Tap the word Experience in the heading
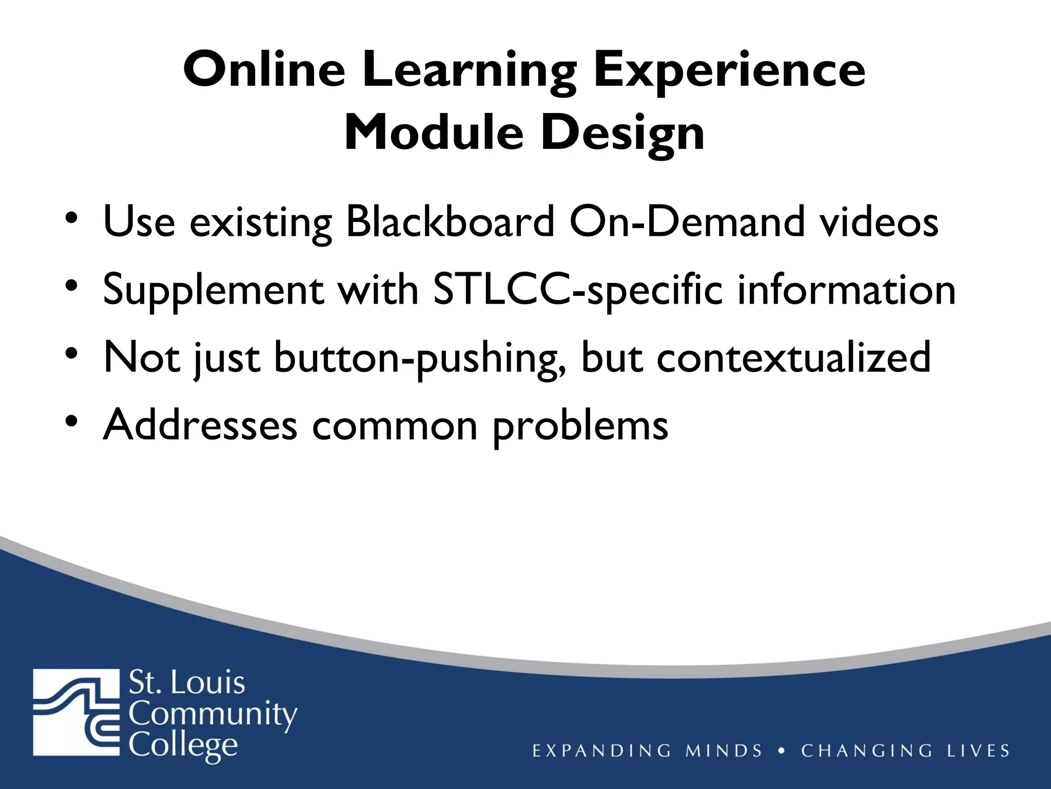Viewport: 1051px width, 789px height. [x=729, y=72]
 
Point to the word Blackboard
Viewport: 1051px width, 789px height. [x=450, y=222]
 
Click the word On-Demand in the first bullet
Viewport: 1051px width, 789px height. [x=687, y=222]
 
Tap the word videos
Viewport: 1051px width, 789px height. [x=878, y=222]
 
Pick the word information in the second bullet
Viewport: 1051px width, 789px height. [x=846, y=290]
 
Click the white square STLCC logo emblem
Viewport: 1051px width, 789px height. [x=75, y=712]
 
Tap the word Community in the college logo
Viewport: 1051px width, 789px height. [x=212, y=715]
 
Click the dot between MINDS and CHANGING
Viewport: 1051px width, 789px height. [x=782, y=750]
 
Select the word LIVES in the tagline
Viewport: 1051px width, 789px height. [x=978, y=750]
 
